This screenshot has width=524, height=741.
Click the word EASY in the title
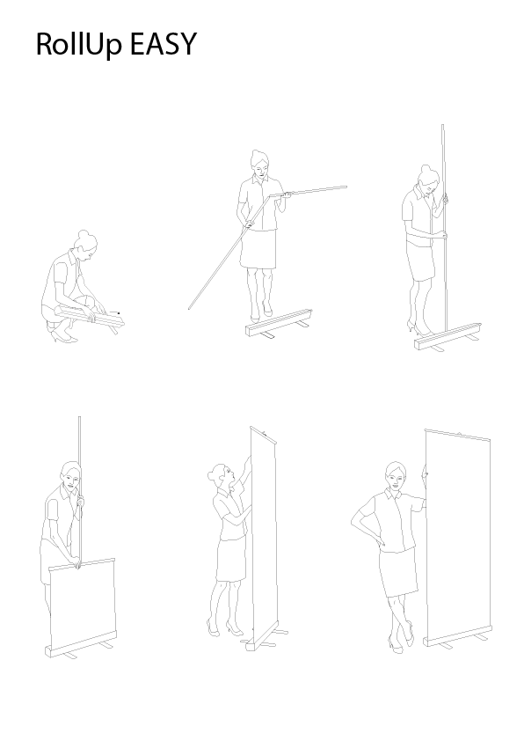[163, 45]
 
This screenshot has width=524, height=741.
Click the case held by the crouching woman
[92, 321]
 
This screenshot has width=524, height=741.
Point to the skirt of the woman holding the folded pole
[258, 252]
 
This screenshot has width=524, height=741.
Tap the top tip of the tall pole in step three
[442, 126]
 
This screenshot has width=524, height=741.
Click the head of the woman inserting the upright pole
[427, 179]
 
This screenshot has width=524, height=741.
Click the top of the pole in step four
[80, 418]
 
